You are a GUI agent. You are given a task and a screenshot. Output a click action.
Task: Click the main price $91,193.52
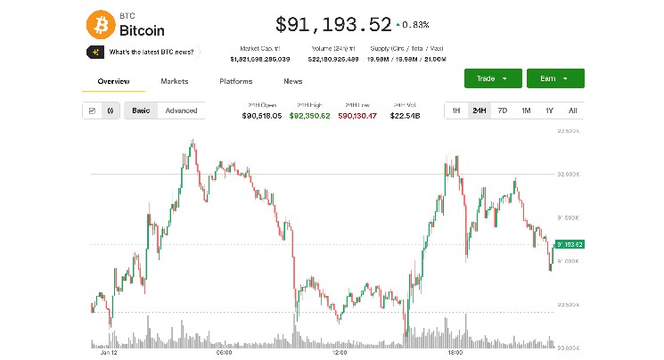[x=333, y=24]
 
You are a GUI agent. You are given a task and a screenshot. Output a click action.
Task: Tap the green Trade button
[x=491, y=78]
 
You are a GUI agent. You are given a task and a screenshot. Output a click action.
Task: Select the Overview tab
[x=113, y=81]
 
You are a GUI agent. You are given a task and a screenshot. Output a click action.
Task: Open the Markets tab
[x=175, y=81]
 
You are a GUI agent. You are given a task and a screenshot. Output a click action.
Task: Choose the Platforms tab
[x=235, y=81]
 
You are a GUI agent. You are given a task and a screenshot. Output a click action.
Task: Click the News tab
[x=292, y=81]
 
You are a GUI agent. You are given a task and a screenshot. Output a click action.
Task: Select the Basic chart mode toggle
[x=141, y=110]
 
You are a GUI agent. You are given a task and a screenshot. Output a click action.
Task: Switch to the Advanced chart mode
[x=181, y=110]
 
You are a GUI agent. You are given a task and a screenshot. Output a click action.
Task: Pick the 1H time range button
[x=455, y=110]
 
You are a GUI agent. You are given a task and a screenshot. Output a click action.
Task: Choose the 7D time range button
[x=503, y=110]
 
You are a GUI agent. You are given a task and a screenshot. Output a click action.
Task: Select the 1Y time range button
[x=549, y=110]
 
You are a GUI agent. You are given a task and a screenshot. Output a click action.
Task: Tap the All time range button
[x=572, y=110]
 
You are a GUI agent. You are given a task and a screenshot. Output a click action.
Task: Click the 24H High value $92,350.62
[x=309, y=116]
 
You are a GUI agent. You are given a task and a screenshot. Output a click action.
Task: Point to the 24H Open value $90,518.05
[x=262, y=116]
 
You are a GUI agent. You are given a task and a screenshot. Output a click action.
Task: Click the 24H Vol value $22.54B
[x=406, y=116]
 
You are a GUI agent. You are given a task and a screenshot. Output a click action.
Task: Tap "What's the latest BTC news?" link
[x=151, y=53]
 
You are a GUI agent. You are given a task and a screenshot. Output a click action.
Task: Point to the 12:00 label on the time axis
[x=339, y=352]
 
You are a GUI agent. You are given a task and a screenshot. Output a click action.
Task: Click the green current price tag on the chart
[x=569, y=244]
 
